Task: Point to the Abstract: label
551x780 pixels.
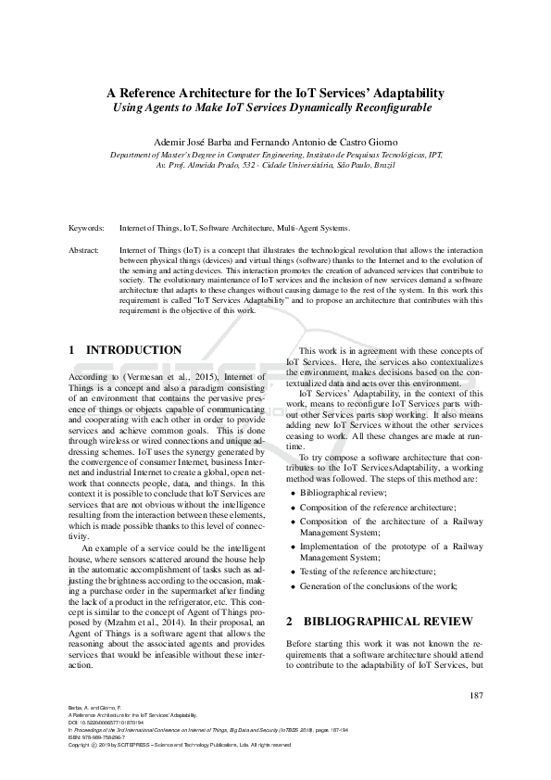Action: click(85, 250)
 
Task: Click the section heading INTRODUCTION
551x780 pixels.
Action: click(133, 350)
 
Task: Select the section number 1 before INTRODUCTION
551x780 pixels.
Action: click(73, 350)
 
